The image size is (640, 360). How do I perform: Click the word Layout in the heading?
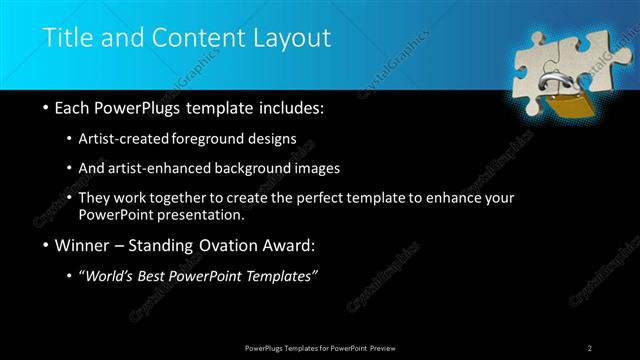[x=289, y=38]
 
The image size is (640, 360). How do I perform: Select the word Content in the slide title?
[x=200, y=38]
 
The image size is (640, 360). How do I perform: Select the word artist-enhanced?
[x=169, y=168]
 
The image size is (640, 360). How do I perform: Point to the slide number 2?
[x=590, y=347]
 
